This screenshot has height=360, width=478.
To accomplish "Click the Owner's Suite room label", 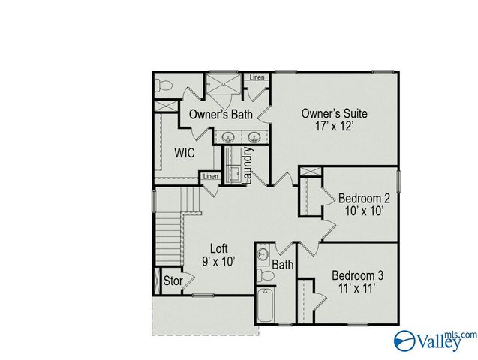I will [334, 113].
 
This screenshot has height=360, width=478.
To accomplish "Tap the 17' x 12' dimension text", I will [334, 127].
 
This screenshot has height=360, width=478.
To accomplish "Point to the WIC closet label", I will [185, 152].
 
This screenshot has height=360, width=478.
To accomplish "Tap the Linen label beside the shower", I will [257, 77].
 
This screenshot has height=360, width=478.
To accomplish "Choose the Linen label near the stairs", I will [209, 177].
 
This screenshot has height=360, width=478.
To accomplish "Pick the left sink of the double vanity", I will [227, 137].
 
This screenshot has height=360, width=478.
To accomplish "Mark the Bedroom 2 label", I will [364, 198].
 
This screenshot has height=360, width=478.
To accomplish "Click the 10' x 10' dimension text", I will [363, 212].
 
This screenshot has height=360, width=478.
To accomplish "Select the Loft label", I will [218, 247].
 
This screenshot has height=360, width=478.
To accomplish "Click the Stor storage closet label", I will [173, 281].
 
